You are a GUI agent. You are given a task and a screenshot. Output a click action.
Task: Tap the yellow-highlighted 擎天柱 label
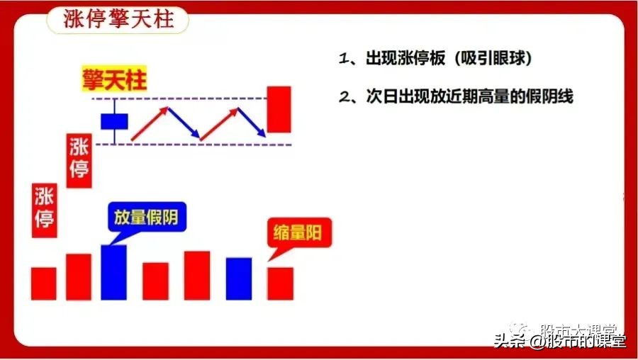point(113,80)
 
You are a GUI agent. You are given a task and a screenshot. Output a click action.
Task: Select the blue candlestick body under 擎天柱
point(113,120)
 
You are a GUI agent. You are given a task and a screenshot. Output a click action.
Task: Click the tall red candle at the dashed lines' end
point(279,109)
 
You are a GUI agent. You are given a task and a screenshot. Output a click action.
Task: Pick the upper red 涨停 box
point(79,159)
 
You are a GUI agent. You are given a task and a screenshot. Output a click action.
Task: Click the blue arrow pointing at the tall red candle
point(251,120)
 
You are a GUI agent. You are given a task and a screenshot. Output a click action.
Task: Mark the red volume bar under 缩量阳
point(280,283)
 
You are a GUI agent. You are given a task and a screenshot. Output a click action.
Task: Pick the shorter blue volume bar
point(238,279)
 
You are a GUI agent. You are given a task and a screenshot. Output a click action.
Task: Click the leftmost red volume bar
point(44,283)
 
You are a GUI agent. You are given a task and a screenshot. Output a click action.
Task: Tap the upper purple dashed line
point(191,97)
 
